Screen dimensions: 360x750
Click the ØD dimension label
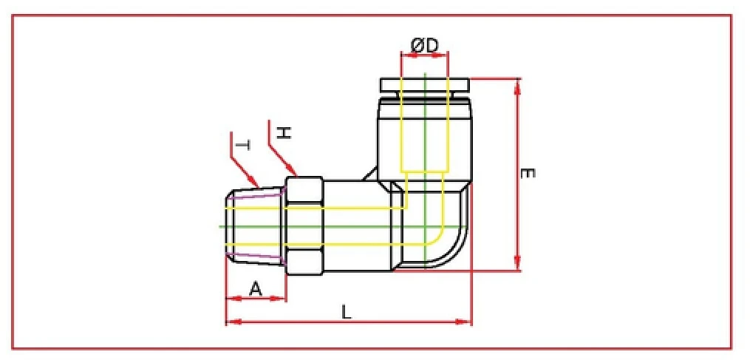(x=424, y=45)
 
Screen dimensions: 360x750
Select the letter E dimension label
(x=527, y=174)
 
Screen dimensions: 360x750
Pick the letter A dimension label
(x=255, y=289)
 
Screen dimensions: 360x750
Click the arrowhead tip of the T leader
(x=256, y=185)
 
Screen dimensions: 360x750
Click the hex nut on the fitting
(x=304, y=226)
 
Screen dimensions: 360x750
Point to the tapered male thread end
(x=255, y=226)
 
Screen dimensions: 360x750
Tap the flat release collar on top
(x=425, y=84)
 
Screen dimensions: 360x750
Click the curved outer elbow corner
(x=462, y=251)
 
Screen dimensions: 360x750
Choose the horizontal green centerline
(x=347, y=225)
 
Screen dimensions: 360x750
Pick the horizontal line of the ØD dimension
(x=425, y=55)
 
